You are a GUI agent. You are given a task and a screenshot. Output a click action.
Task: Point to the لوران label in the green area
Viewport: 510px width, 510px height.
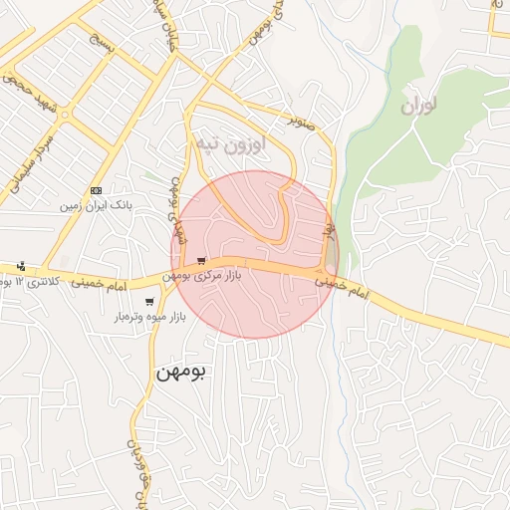point(420,106)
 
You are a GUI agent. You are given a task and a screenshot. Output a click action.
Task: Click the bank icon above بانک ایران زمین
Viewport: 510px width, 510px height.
point(96,189)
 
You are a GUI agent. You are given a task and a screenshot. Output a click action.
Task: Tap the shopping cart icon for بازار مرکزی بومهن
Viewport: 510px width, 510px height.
point(202,261)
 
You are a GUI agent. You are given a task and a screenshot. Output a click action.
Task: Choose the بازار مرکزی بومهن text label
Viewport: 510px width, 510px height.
point(217,274)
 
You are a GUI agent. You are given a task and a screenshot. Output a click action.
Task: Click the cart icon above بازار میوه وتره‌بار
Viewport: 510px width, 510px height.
point(149,302)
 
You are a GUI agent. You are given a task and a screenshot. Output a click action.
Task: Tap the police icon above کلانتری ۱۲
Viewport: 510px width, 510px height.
point(21,266)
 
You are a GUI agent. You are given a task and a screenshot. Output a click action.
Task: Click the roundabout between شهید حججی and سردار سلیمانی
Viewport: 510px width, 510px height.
point(68,116)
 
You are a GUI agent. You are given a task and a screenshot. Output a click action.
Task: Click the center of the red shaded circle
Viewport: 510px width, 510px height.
point(255,255)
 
